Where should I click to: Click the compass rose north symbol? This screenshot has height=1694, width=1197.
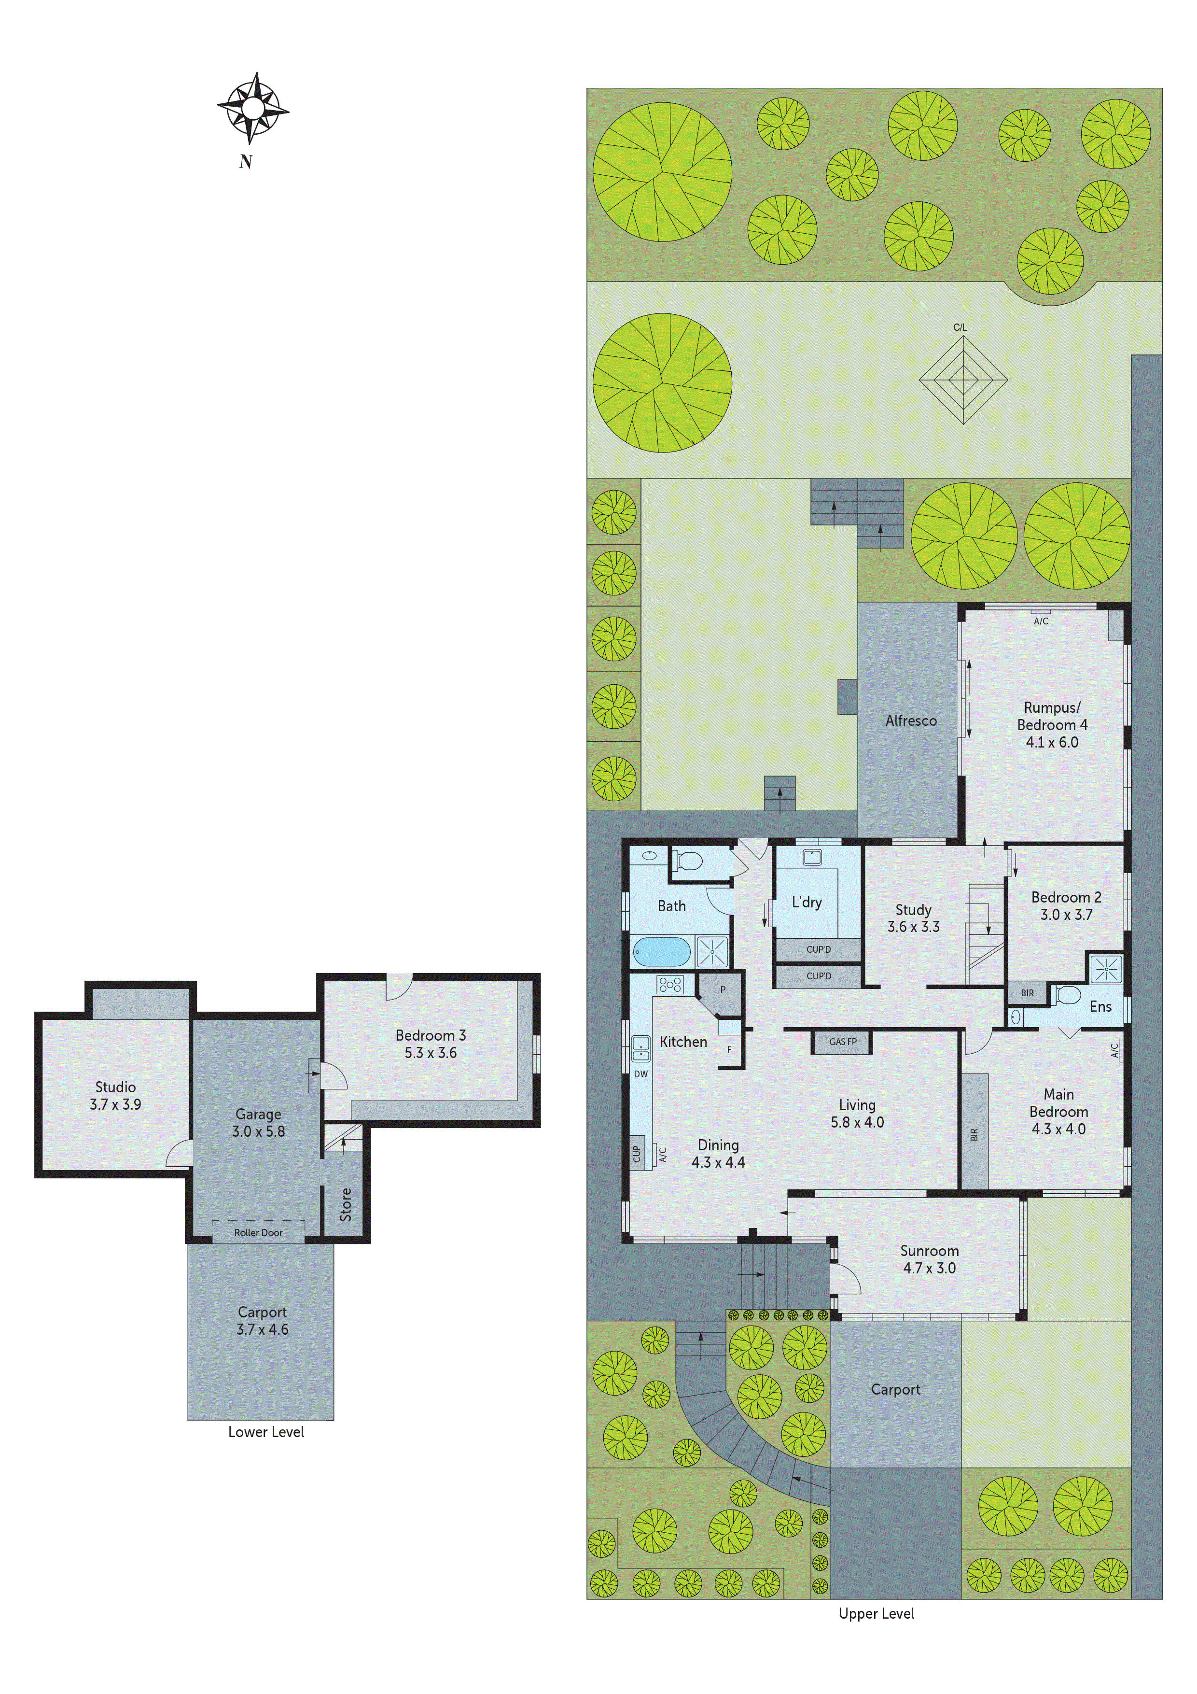[x=252, y=109]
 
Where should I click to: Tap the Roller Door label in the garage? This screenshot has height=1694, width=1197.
[x=258, y=1232]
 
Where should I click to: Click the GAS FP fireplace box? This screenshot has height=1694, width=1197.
[x=842, y=1042]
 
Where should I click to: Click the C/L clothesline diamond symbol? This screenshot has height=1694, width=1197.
[x=962, y=381]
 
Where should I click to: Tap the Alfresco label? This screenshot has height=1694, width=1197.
[x=911, y=721]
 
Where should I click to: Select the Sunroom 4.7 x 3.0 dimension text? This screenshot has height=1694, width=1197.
[x=929, y=1268]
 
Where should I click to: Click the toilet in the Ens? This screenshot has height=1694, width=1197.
[x=1067, y=996]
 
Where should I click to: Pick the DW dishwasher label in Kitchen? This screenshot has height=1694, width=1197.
[x=640, y=1074]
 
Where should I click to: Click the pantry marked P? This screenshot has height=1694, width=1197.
[x=723, y=990]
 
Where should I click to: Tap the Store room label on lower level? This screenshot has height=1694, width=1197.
[x=345, y=1204]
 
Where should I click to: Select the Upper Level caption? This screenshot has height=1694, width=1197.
[x=876, y=1613]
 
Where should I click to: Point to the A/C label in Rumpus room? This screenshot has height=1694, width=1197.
[x=1041, y=621]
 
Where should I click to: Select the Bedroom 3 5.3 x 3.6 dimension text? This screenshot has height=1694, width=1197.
[x=430, y=1053]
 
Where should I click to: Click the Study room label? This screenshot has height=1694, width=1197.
[x=913, y=910]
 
